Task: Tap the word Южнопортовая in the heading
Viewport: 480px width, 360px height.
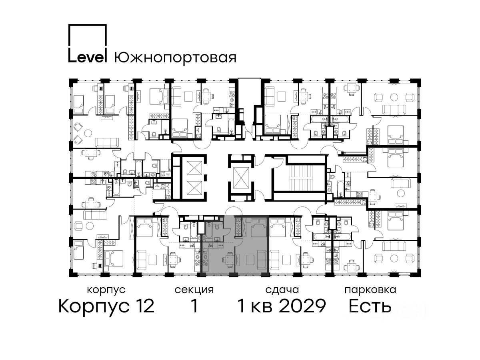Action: (x=175, y=58)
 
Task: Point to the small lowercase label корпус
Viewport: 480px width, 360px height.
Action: (x=106, y=290)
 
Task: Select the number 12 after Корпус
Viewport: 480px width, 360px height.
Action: (x=144, y=306)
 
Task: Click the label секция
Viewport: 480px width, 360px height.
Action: (x=194, y=290)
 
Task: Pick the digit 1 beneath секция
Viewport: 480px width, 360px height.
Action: (x=194, y=306)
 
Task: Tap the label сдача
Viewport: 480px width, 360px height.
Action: (x=282, y=290)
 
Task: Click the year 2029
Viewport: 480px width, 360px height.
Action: (x=303, y=306)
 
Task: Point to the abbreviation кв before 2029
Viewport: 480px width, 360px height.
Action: (x=262, y=308)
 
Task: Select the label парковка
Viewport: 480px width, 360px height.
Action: (x=370, y=290)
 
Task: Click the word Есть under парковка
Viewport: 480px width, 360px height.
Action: (x=370, y=306)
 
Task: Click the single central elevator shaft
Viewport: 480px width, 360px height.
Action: (x=241, y=178)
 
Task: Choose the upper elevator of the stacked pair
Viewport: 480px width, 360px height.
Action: (x=194, y=168)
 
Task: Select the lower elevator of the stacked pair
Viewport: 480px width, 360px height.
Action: (x=194, y=188)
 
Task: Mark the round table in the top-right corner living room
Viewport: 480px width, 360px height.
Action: (x=394, y=97)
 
